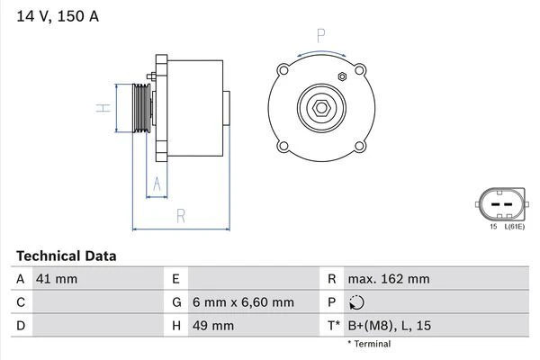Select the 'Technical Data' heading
[x=67, y=256]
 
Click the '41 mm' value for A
[x=56, y=279]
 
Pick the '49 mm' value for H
[x=212, y=325]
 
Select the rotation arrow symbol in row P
[x=357, y=302]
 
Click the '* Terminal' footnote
[x=369, y=344]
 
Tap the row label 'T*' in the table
[x=333, y=325]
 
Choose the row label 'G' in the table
[x=176, y=302]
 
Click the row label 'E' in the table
[x=175, y=279]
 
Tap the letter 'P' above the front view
[x=321, y=36]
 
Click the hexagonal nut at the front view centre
[x=321, y=108]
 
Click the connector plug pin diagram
[x=501, y=204]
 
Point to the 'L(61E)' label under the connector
[x=514, y=227]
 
